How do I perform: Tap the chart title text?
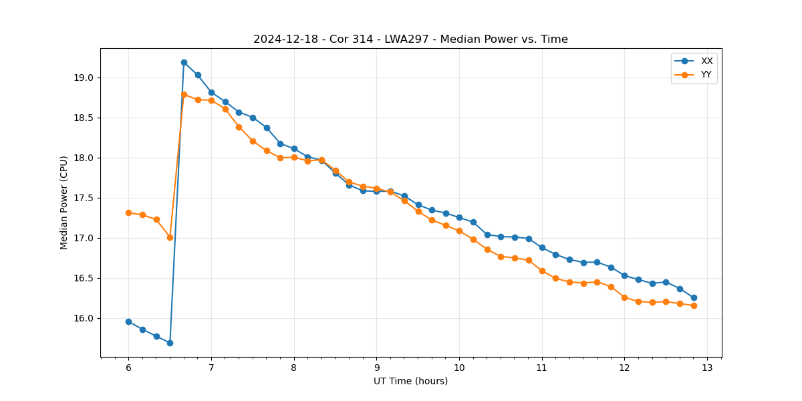coord(410,39)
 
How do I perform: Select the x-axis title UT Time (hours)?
coord(410,381)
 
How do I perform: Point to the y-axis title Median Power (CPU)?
coord(64,203)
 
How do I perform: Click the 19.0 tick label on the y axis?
coord(85,78)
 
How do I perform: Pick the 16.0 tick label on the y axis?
coord(85,318)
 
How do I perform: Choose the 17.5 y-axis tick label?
coord(85,198)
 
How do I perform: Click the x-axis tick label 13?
coord(707,368)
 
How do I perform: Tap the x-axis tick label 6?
coord(128,368)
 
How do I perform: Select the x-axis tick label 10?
coord(459,368)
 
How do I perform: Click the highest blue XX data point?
coord(184,62)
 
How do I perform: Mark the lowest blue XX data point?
coord(170,343)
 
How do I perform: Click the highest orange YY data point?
coord(184,94)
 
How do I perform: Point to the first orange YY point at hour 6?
coord(128,213)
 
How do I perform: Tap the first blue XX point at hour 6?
coord(128,321)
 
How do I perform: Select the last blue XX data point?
coord(694,297)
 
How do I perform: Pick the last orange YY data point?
coord(694,305)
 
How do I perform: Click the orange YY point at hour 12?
coord(624,297)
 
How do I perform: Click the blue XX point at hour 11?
coord(542,247)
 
